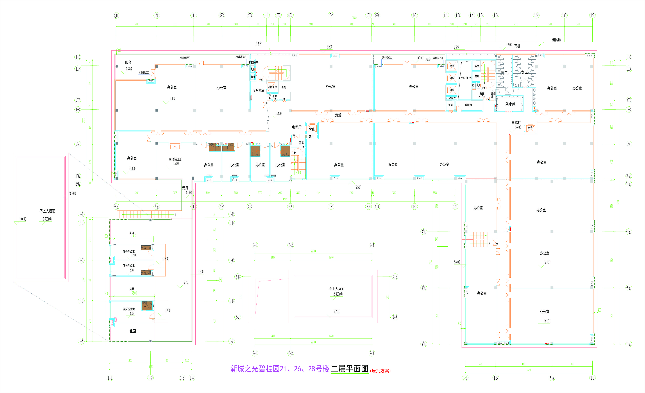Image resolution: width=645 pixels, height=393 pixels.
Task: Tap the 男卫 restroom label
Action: (504, 73)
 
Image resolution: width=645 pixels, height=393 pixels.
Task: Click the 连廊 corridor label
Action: (185, 188)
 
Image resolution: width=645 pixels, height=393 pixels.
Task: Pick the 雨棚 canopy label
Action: (517, 46)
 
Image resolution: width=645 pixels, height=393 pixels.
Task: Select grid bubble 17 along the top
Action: (536, 15)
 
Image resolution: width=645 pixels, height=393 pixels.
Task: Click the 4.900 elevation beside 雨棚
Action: (509, 45)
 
